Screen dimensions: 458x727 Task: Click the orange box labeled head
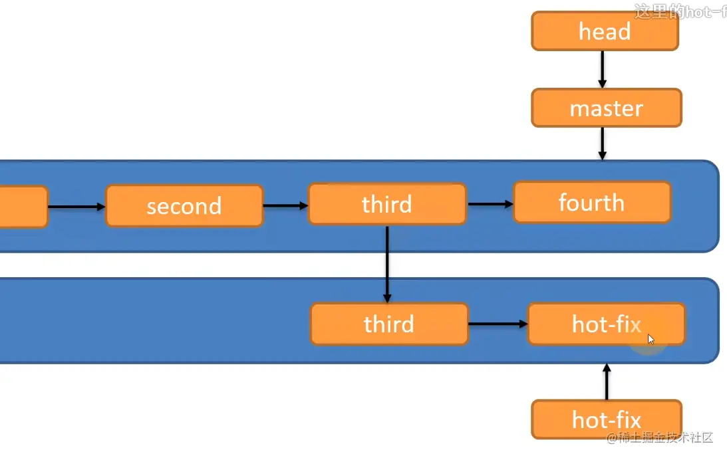(x=605, y=31)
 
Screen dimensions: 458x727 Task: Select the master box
(x=606, y=108)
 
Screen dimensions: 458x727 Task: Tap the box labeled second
(x=184, y=205)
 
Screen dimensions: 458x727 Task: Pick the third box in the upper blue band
(x=386, y=204)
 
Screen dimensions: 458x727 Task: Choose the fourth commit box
(x=591, y=202)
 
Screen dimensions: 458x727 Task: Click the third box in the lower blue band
(x=389, y=324)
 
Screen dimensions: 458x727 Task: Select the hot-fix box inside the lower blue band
(x=606, y=324)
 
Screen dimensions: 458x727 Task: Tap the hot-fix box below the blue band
(x=606, y=419)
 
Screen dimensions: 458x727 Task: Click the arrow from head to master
(x=602, y=69)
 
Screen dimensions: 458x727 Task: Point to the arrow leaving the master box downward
(x=602, y=143)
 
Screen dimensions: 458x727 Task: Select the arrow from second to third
(x=285, y=205)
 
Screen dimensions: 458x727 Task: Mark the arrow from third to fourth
(x=490, y=204)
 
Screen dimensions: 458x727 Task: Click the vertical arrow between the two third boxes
(x=386, y=263)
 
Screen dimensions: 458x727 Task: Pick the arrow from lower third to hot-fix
(x=498, y=324)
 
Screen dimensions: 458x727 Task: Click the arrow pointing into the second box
(x=76, y=207)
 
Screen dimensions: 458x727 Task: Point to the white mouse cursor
(x=651, y=339)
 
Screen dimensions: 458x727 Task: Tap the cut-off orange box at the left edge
(x=23, y=207)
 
